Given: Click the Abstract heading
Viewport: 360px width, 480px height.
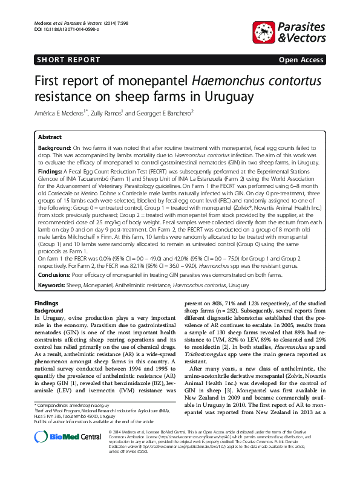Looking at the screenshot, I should coord(50,138).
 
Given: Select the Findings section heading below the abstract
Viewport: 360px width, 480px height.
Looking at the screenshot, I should coord(47,303).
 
